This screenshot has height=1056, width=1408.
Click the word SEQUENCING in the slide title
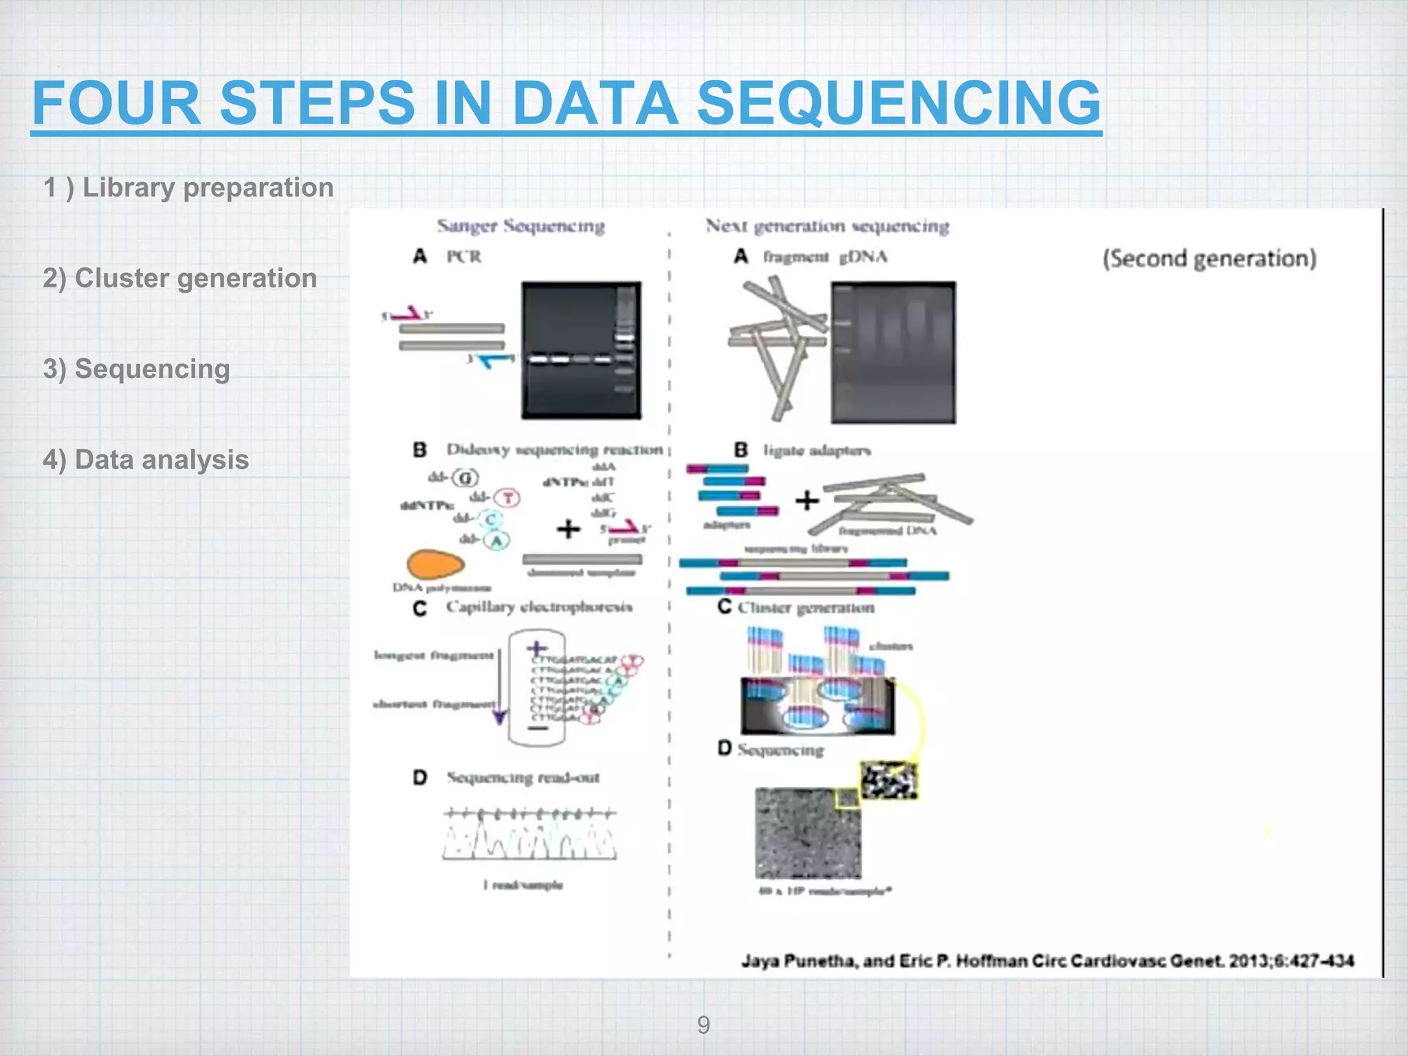(899, 103)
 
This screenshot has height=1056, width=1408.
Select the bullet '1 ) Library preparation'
(188, 188)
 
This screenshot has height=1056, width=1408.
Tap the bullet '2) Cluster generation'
(180, 278)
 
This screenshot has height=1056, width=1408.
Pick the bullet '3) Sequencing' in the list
(136, 369)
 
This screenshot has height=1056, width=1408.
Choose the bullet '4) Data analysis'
(146, 460)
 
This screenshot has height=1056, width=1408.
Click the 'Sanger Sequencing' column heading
(520, 226)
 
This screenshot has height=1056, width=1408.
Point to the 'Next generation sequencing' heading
(827, 226)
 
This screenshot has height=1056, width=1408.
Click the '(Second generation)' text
(1209, 258)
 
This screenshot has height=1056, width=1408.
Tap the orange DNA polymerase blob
(435, 564)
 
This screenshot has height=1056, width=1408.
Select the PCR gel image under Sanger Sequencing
(581, 350)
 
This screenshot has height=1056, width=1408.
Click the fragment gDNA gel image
(893, 352)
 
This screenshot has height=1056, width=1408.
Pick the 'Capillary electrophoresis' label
(539, 607)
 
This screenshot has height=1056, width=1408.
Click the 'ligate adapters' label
(817, 450)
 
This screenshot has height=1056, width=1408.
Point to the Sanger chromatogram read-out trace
(529, 835)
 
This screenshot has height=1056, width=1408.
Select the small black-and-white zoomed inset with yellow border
(889, 780)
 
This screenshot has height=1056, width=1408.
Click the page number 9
(703, 1025)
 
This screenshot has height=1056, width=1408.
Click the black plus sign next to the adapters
(806, 500)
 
